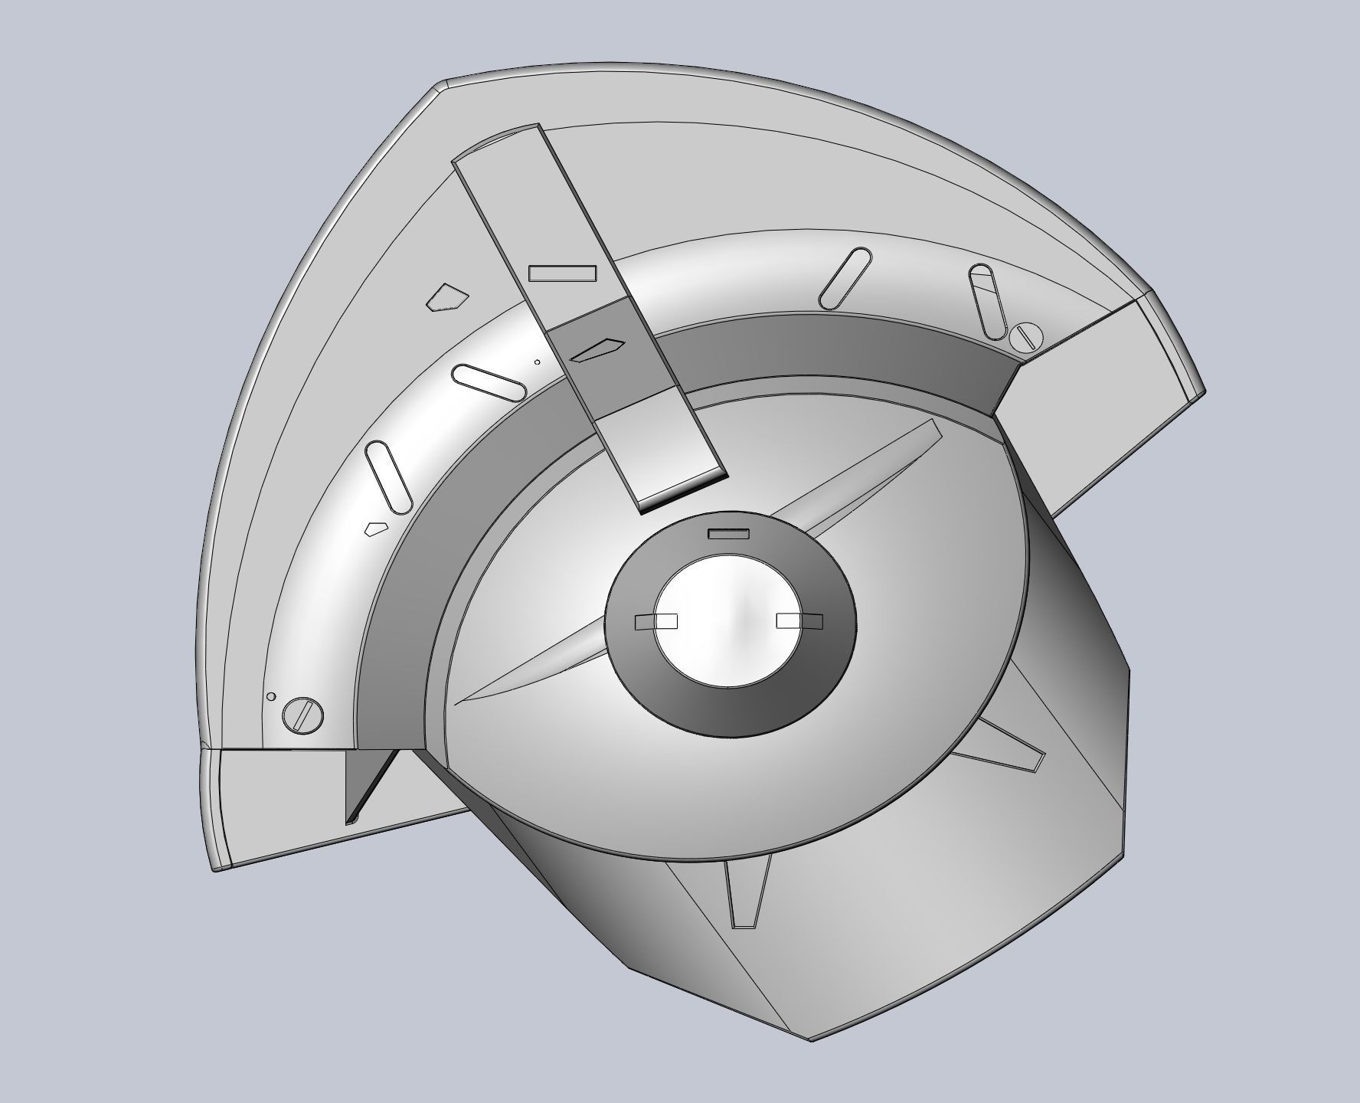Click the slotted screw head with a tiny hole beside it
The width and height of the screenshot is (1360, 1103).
(x=302, y=715)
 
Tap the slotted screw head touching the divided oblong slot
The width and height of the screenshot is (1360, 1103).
(x=1025, y=336)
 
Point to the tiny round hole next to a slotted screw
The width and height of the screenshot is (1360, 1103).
(x=270, y=696)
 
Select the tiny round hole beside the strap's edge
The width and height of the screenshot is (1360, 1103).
(x=537, y=362)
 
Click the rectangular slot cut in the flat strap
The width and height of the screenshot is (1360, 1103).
(x=562, y=273)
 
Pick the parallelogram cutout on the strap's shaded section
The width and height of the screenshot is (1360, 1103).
(x=600, y=349)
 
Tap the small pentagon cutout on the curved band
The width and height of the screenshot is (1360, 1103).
(x=374, y=528)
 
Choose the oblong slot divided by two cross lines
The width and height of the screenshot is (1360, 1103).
(x=987, y=301)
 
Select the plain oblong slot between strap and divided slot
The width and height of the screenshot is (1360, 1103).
(x=845, y=278)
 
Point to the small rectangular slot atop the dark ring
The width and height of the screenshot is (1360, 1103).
(x=727, y=534)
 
